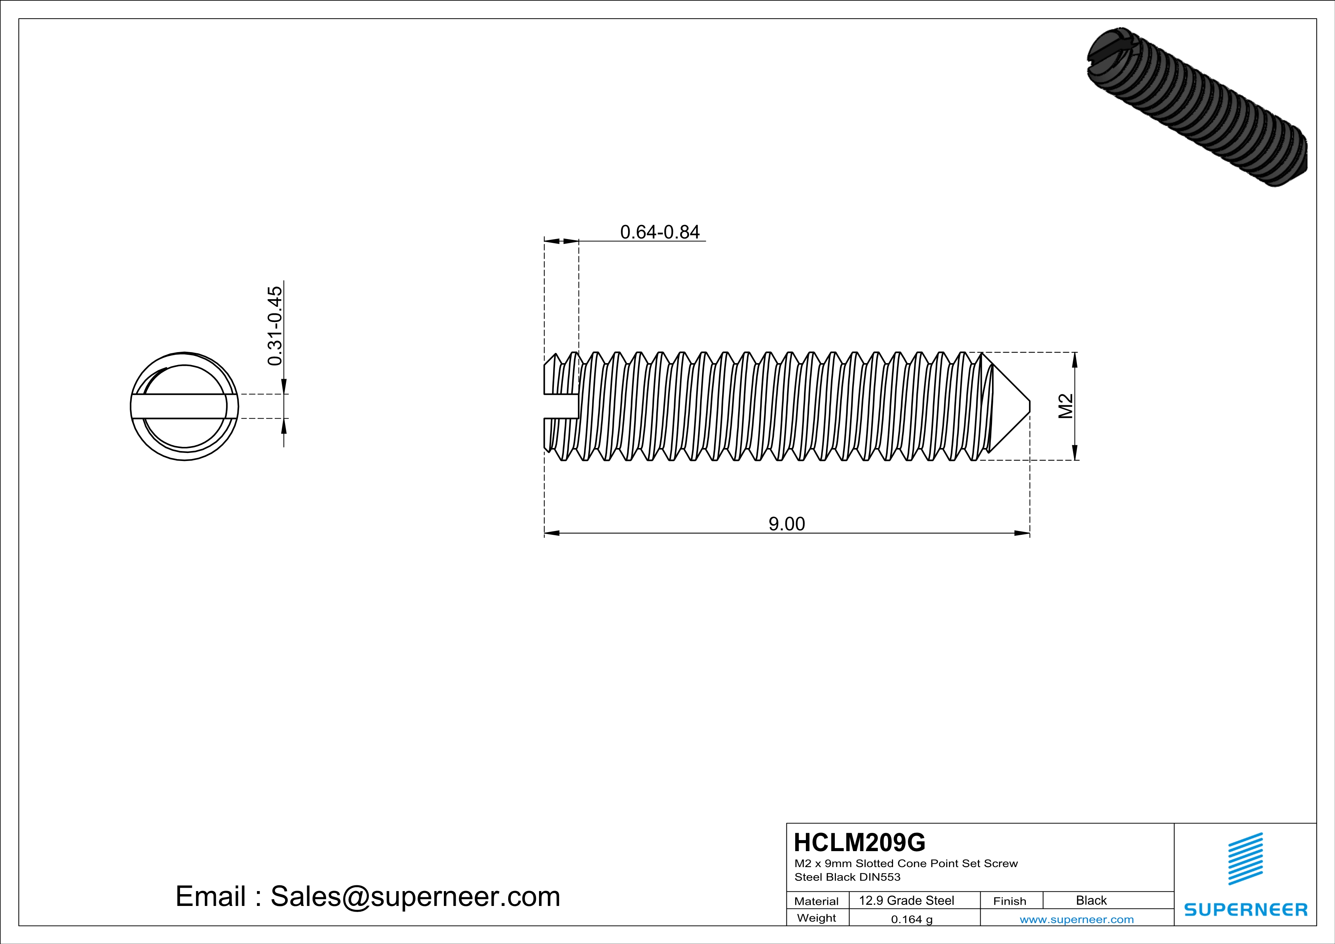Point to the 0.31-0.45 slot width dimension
274,325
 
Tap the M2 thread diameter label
1065,406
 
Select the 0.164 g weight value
911,919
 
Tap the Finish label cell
1010,901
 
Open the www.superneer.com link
1076,919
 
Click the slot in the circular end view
184,406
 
